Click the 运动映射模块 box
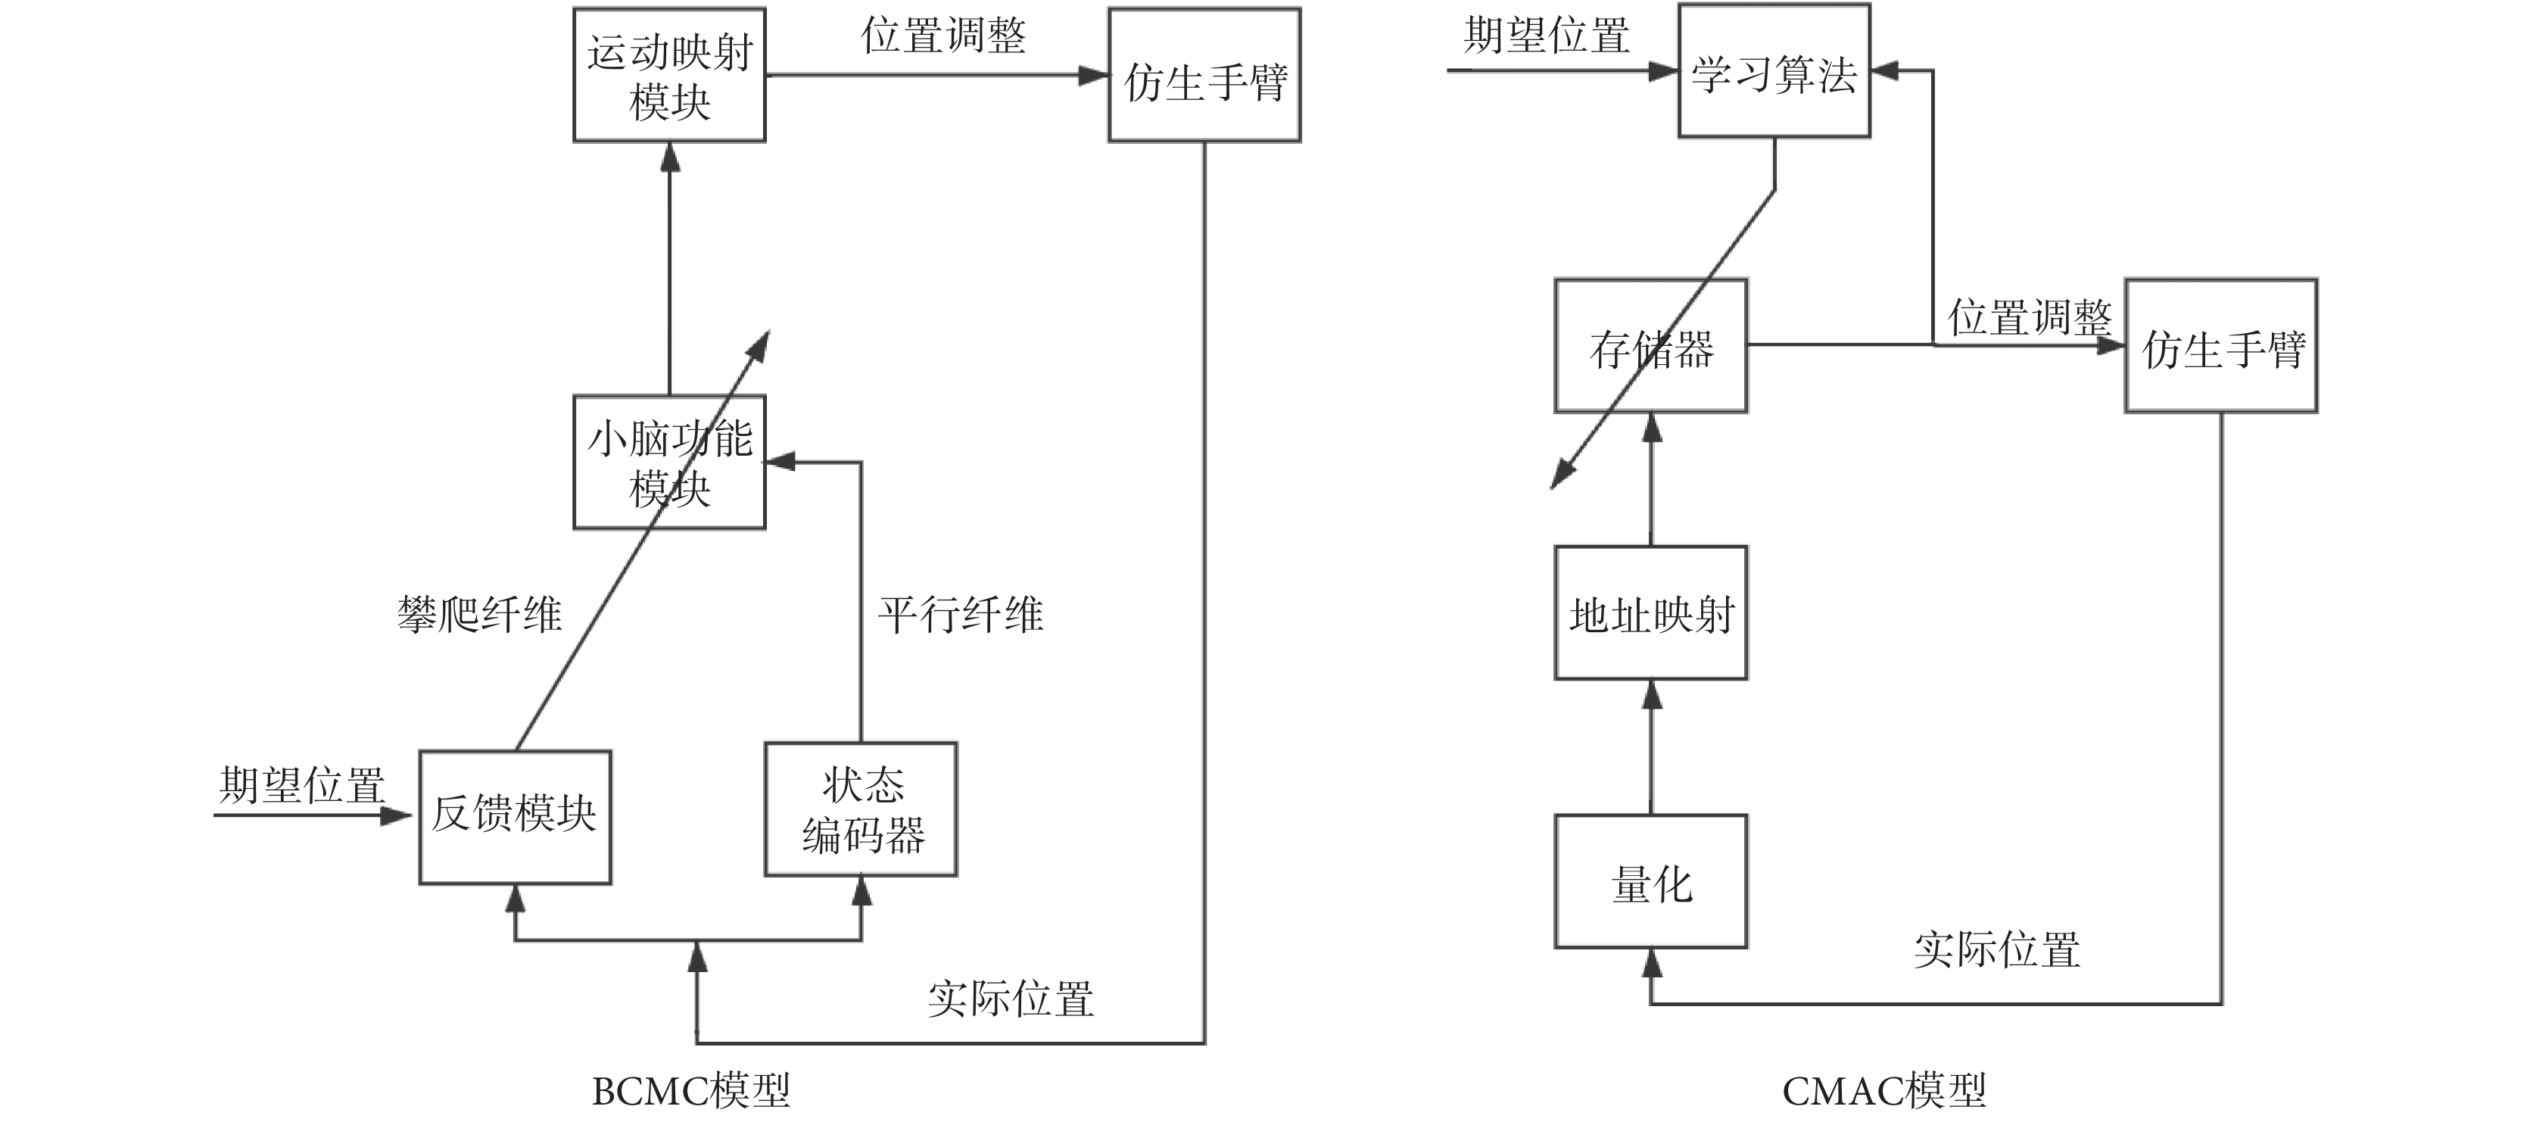coord(670,76)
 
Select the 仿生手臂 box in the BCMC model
coord(1204,76)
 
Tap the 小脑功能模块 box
coord(670,462)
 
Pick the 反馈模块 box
coord(516,817)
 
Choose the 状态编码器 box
coord(861,809)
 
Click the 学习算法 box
coord(1774,72)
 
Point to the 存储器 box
coord(1651,346)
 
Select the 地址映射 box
coord(1651,613)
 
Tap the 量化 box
coord(1651,882)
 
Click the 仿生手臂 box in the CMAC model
coord(2221,346)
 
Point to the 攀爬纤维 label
coord(480,615)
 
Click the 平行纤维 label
coord(961,615)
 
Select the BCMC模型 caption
coord(691,1090)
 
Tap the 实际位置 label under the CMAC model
coord(1996,949)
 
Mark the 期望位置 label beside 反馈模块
coord(302,784)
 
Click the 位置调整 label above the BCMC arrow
coord(943,36)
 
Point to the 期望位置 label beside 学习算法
coord(1546,36)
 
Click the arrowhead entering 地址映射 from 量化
coord(1652,695)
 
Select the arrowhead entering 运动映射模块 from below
coord(671,157)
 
